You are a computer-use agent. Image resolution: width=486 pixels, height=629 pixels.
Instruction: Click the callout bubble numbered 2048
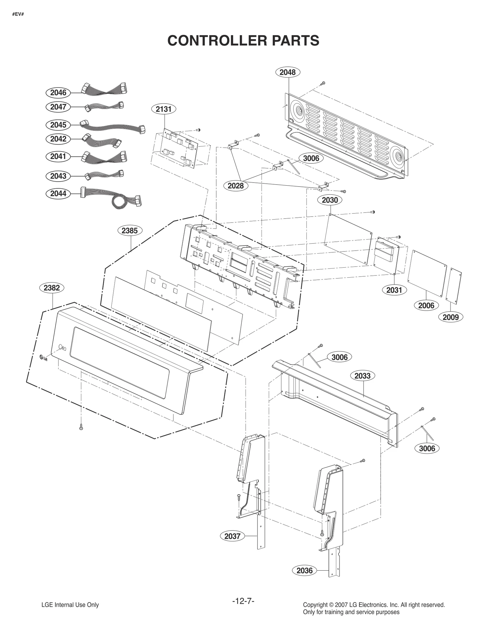coord(287,72)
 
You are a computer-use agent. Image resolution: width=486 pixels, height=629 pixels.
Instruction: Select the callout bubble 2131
coord(164,109)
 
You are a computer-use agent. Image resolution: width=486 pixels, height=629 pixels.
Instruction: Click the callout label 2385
coord(130,231)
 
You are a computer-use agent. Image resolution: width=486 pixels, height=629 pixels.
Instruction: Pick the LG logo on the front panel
coord(43,358)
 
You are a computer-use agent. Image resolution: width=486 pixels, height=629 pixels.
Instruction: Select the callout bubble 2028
coord(235,186)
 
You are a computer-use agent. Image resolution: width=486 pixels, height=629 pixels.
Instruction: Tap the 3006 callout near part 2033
coord(339,357)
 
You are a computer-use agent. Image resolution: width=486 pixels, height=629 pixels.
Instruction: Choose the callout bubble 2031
coord(394,290)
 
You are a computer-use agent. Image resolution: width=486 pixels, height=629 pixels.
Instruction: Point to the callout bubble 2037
coord(232,536)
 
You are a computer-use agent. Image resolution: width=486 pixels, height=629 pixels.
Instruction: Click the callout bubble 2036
coord(304,571)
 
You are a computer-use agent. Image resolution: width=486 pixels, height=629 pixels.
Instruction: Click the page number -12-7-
coord(243,601)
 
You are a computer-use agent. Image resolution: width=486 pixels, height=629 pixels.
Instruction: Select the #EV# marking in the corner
coord(18,14)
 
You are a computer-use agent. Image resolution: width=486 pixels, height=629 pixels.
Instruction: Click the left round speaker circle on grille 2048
coord(297,111)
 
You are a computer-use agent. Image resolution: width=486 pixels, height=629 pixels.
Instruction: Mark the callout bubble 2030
coord(330,200)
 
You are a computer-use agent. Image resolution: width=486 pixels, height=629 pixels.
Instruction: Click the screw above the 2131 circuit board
coord(198,130)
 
